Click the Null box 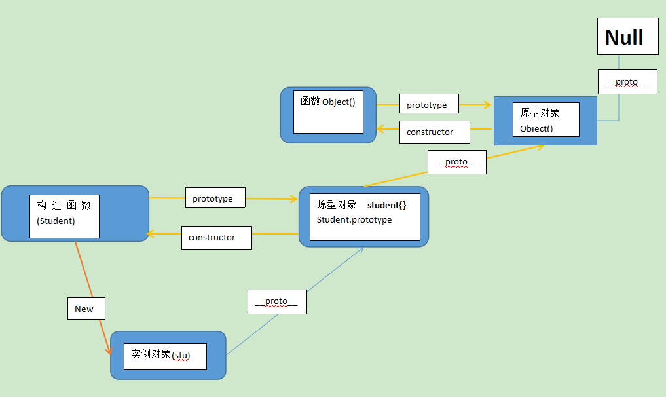628,37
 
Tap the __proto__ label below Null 627,82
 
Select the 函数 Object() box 328,115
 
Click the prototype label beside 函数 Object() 429,104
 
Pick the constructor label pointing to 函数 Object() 435,132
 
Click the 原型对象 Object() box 546,121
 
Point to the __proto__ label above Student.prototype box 456,162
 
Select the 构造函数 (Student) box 75,214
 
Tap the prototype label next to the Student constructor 215,198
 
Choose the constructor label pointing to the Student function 217,238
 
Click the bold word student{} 386,205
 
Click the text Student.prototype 354,219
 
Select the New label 86,309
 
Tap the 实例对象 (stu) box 168,355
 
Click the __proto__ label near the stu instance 277,302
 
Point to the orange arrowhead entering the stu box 109,350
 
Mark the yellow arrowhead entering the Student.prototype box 293,198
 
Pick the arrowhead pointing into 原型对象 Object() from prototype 488,105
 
